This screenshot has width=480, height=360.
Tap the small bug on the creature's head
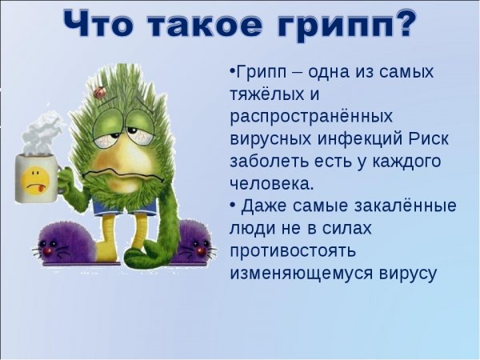point(100,93)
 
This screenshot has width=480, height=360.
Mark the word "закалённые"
point(399,206)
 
